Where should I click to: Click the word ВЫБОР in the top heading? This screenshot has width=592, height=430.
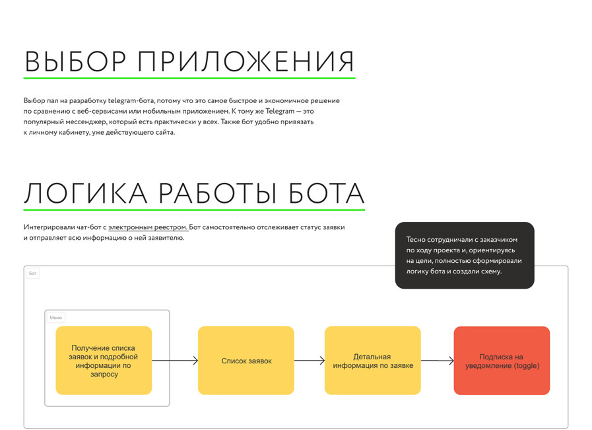[75, 61]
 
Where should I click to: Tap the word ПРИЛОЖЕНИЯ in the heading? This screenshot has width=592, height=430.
[246, 61]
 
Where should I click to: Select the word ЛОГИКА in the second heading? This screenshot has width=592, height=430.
[86, 193]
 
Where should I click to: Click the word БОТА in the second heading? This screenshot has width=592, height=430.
[326, 193]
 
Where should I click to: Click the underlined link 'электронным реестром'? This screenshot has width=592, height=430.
[148, 227]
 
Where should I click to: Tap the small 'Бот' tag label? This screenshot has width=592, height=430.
[33, 273]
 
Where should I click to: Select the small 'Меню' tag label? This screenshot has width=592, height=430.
[56, 318]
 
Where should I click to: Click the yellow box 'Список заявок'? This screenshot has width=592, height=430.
[246, 361]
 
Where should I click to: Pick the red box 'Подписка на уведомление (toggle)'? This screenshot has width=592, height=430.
[502, 361]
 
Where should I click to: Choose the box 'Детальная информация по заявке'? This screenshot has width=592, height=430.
[373, 361]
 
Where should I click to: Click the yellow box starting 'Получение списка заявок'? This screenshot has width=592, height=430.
[104, 361]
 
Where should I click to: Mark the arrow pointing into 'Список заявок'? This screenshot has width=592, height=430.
[175, 361]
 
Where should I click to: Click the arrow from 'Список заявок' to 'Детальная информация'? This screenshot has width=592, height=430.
[310, 361]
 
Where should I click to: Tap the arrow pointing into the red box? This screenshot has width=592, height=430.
[437, 361]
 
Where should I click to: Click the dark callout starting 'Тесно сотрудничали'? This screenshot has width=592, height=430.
[465, 256]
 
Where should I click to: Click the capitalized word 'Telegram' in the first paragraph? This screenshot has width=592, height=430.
[280, 112]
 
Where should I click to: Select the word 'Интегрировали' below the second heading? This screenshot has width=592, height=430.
[49, 227]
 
